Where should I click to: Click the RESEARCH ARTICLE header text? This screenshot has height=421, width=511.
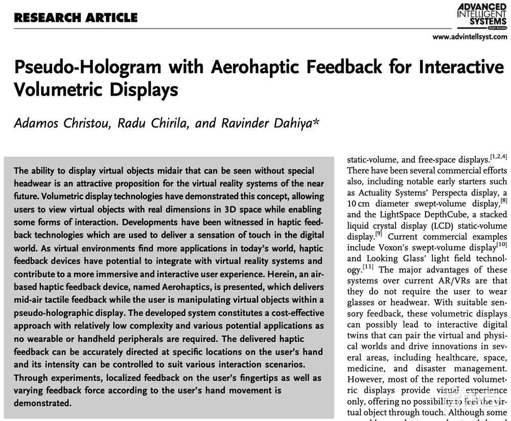point(76,18)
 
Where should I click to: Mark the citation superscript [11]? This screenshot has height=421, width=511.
point(369,267)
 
